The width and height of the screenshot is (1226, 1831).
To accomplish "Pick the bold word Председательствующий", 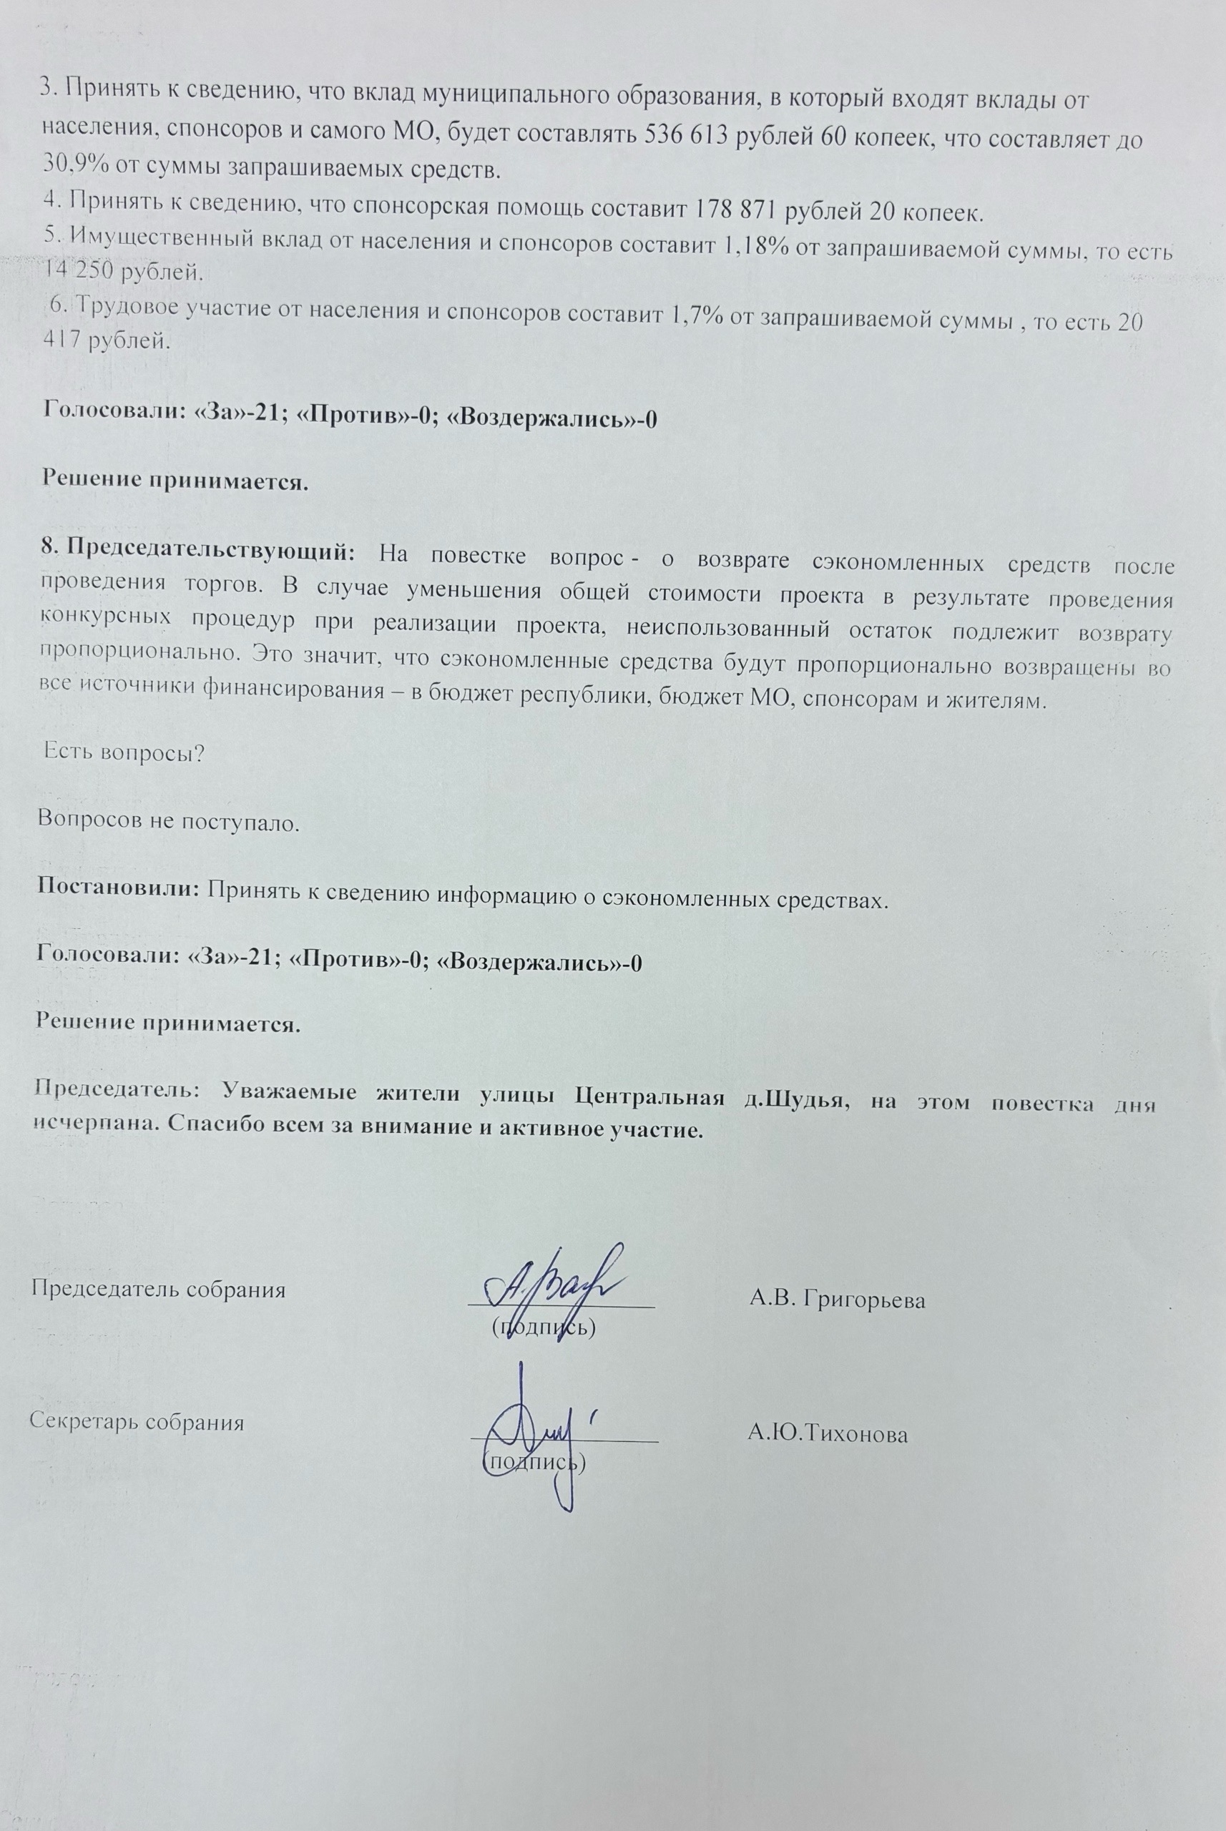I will pos(210,552).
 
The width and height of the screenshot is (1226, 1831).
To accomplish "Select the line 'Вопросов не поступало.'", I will pos(169,822).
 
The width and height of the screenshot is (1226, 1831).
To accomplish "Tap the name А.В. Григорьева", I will pos(837,1301).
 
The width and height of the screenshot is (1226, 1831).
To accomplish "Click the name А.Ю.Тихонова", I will pos(828,1435).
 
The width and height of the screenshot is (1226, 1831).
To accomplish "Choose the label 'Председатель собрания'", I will pos(158,1289).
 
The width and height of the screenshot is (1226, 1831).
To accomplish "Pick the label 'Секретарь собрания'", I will pos(137,1422).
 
